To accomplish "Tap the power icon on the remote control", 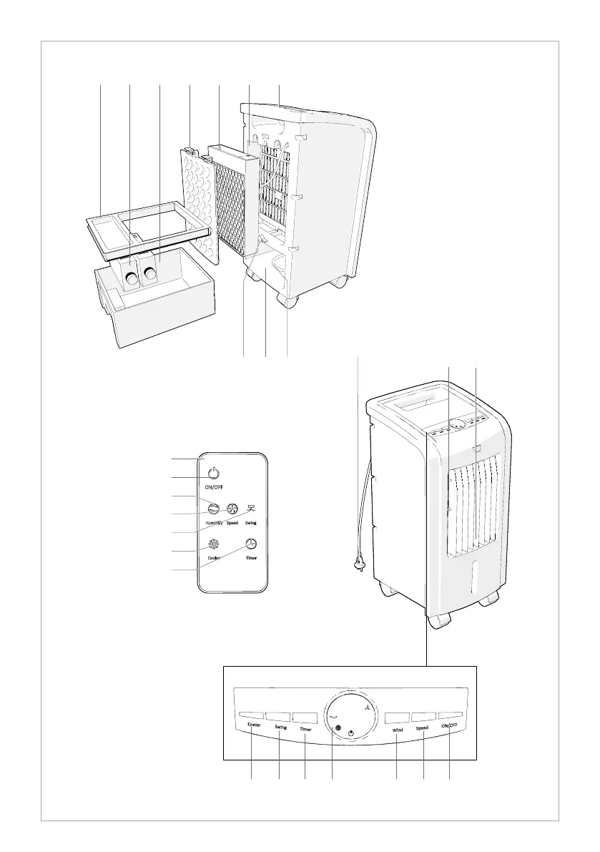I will click(213, 473).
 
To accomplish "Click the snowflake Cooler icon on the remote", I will click(213, 543).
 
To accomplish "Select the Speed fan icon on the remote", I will click(232, 509).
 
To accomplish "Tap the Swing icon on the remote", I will click(251, 509).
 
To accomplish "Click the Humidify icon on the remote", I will click(213, 509).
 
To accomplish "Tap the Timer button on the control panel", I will click(305, 715).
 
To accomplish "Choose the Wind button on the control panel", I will click(397, 715).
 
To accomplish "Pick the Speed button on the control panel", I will click(423, 715).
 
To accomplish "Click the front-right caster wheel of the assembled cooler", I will click(490, 600).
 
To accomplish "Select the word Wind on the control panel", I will click(398, 730).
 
